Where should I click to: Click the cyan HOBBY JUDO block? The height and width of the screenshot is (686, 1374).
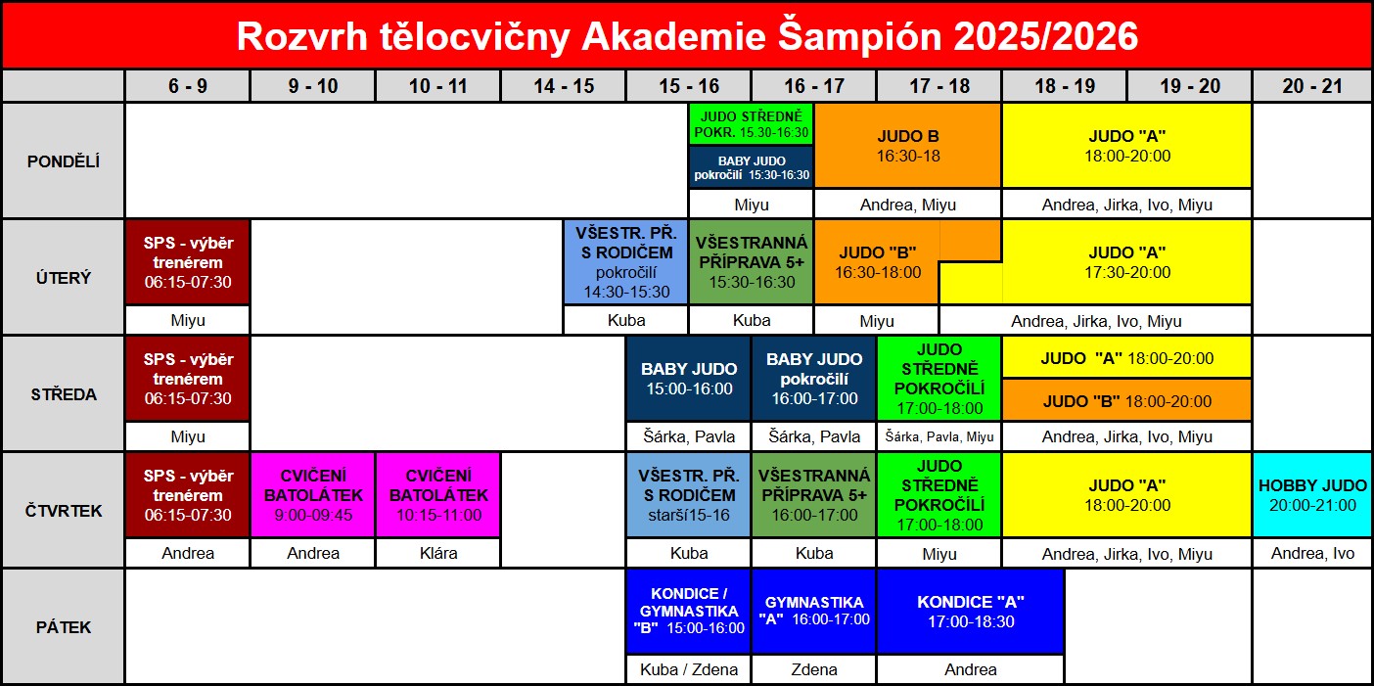click(x=1312, y=495)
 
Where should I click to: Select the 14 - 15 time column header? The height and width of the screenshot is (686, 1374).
click(x=564, y=86)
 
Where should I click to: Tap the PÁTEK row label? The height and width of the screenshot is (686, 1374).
click(x=64, y=627)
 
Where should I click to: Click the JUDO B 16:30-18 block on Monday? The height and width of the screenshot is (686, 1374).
click(x=908, y=146)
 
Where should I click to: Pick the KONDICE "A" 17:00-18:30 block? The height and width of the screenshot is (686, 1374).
click(x=971, y=612)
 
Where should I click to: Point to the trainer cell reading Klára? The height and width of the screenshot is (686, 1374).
click(x=438, y=553)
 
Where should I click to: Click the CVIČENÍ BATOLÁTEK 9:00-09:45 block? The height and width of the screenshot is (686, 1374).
click(x=313, y=495)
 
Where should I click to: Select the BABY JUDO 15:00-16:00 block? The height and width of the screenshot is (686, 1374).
click(x=689, y=379)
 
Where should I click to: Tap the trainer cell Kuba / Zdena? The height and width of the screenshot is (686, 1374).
click(x=689, y=669)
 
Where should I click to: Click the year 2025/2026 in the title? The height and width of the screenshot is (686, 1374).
click(x=1046, y=36)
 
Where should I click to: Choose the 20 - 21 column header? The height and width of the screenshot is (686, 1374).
click(x=1312, y=86)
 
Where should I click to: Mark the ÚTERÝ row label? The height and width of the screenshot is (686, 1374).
click(x=64, y=277)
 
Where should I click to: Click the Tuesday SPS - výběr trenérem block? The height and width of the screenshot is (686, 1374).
click(x=188, y=262)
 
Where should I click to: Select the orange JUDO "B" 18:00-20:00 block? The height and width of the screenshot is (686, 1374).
click(x=1126, y=400)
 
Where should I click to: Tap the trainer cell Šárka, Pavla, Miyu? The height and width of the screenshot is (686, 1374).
click(x=939, y=436)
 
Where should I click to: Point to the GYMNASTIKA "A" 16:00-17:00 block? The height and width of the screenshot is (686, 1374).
click(x=814, y=612)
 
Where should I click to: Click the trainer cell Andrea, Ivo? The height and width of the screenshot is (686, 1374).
click(x=1312, y=554)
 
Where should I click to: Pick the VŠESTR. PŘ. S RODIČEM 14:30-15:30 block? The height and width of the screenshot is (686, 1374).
click(x=625, y=262)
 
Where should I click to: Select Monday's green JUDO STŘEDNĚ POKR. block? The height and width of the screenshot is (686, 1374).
click(x=752, y=124)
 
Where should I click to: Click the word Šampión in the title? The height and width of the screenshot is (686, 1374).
click(x=860, y=36)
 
